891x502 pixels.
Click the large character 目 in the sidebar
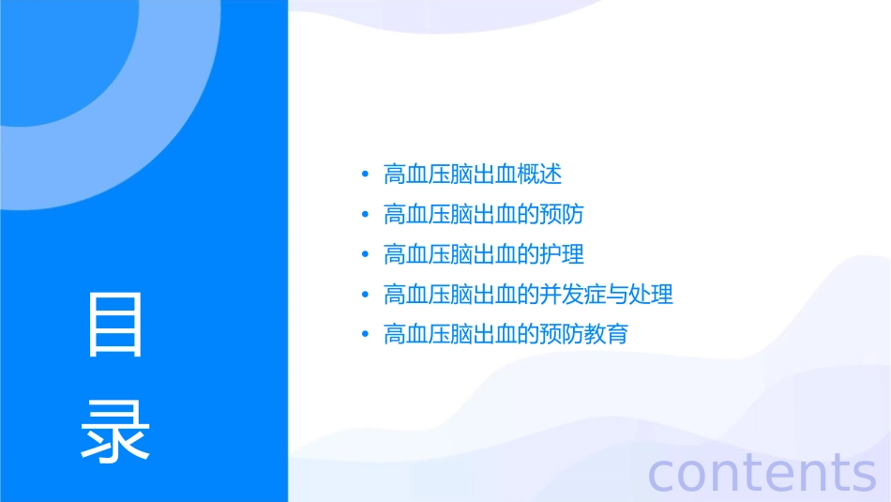click(115, 325)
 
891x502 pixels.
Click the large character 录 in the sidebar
click(115, 431)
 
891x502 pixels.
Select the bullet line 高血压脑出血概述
click(473, 175)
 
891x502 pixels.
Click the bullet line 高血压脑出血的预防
click(483, 214)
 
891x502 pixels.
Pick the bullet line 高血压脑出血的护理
click(483, 254)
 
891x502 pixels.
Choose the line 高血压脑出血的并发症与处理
click(528, 295)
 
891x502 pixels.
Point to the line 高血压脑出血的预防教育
click(506, 334)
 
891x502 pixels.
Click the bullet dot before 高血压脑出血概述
click(365, 175)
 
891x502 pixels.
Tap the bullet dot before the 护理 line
click(365, 254)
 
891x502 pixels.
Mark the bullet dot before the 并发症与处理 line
click(365, 295)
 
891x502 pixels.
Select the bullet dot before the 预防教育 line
click(365, 334)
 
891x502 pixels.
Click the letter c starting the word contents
click(662, 474)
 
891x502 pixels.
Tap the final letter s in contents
click(862, 474)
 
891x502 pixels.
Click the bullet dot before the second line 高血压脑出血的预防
click(365, 214)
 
